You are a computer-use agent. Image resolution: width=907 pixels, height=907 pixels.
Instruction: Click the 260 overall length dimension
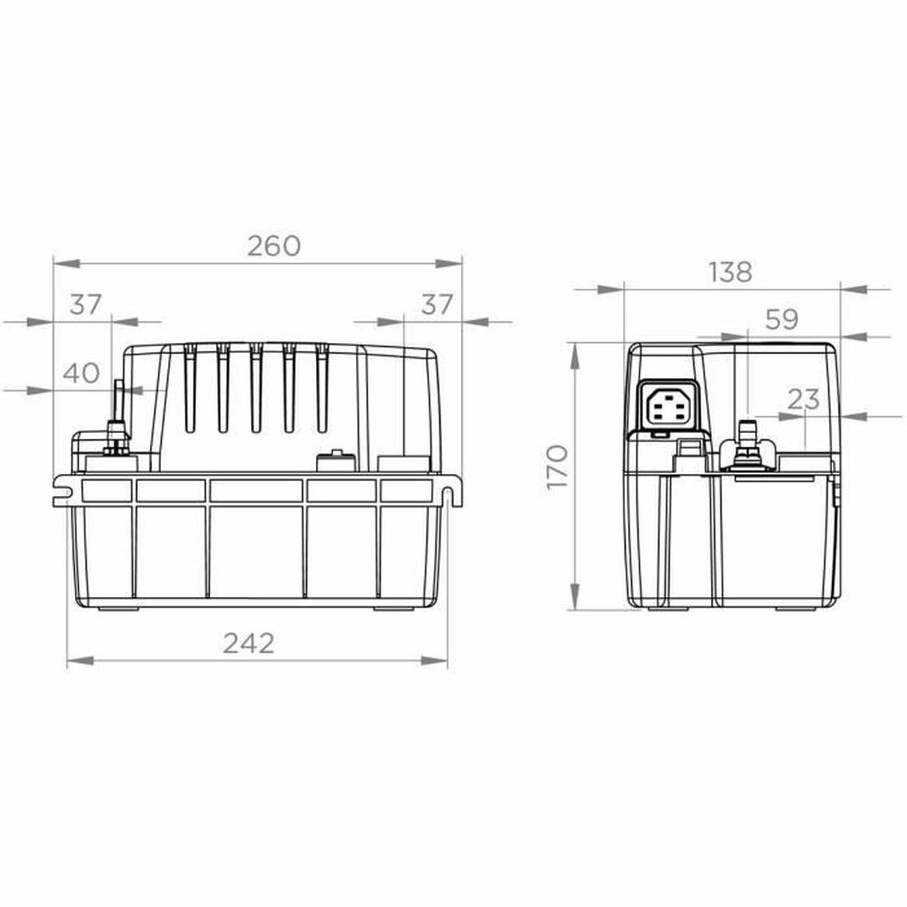tap(274, 246)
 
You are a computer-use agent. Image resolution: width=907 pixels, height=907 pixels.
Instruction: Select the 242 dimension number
tap(249, 642)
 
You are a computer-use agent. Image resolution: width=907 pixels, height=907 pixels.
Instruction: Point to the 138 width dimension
tap(731, 271)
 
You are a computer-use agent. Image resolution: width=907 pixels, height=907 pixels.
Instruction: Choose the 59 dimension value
tap(782, 320)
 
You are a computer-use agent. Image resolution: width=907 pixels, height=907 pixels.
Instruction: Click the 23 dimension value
tap(803, 399)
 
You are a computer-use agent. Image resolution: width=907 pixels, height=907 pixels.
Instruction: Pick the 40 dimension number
tap(80, 373)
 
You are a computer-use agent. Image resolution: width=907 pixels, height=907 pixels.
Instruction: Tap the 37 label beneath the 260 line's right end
tap(436, 305)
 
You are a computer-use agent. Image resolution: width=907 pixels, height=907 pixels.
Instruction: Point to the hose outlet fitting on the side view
tap(747, 446)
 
